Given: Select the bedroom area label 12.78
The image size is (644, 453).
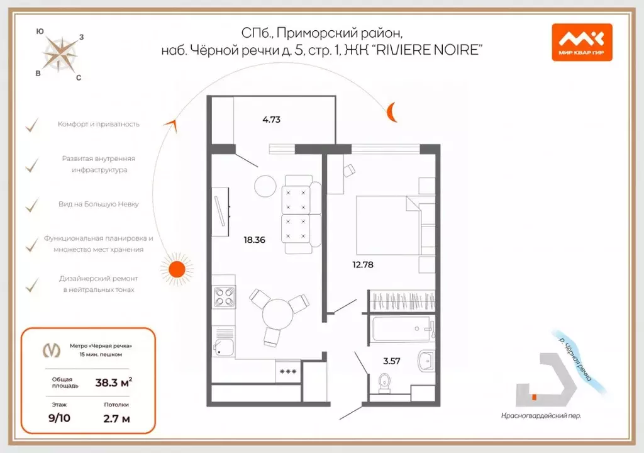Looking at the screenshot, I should click(x=363, y=265).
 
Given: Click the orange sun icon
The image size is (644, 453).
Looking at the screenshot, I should click(x=176, y=268).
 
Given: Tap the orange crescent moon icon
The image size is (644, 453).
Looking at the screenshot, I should click(x=392, y=112).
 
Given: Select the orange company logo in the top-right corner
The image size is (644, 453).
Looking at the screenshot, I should click(x=581, y=42).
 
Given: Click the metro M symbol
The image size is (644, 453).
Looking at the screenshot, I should click(x=51, y=350).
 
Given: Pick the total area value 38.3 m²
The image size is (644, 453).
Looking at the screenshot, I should click(x=113, y=382).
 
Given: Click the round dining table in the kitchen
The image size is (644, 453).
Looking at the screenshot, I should click(x=277, y=313).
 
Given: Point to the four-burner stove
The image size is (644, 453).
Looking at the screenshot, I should click(x=224, y=296).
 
